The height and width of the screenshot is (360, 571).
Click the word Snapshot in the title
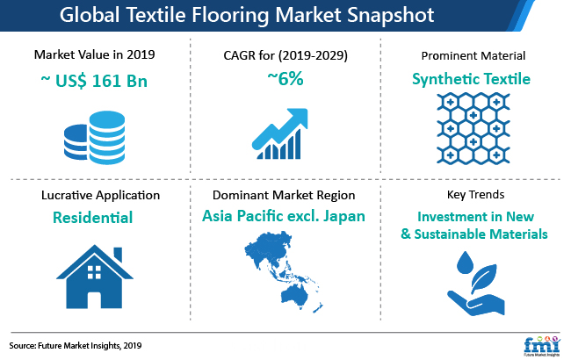(x=390, y=16)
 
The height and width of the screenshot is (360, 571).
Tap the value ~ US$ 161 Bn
(x=94, y=81)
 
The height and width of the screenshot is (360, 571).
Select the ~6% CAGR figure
(x=285, y=78)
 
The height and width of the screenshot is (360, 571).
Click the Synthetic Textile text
(x=471, y=79)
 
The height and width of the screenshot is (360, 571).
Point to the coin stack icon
(x=94, y=138)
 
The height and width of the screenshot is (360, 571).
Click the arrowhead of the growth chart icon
(x=300, y=117)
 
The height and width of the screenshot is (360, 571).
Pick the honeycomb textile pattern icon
(x=473, y=128)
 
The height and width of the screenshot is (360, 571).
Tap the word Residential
(x=92, y=218)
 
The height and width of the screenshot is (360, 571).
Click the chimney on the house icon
(x=118, y=254)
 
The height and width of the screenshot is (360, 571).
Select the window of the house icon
(x=94, y=272)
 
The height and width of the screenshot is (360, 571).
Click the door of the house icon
(x=94, y=300)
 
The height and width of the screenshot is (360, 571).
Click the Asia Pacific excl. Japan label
(x=284, y=216)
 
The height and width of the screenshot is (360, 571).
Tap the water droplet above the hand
(x=465, y=263)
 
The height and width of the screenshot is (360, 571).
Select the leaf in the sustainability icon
(x=484, y=278)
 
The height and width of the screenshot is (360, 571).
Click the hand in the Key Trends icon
(x=476, y=303)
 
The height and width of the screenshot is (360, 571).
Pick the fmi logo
(x=542, y=346)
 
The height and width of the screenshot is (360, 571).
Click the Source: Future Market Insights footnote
(x=76, y=345)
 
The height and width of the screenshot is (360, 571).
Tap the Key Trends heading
(x=475, y=195)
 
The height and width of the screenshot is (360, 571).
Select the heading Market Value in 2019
(x=94, y=54)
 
